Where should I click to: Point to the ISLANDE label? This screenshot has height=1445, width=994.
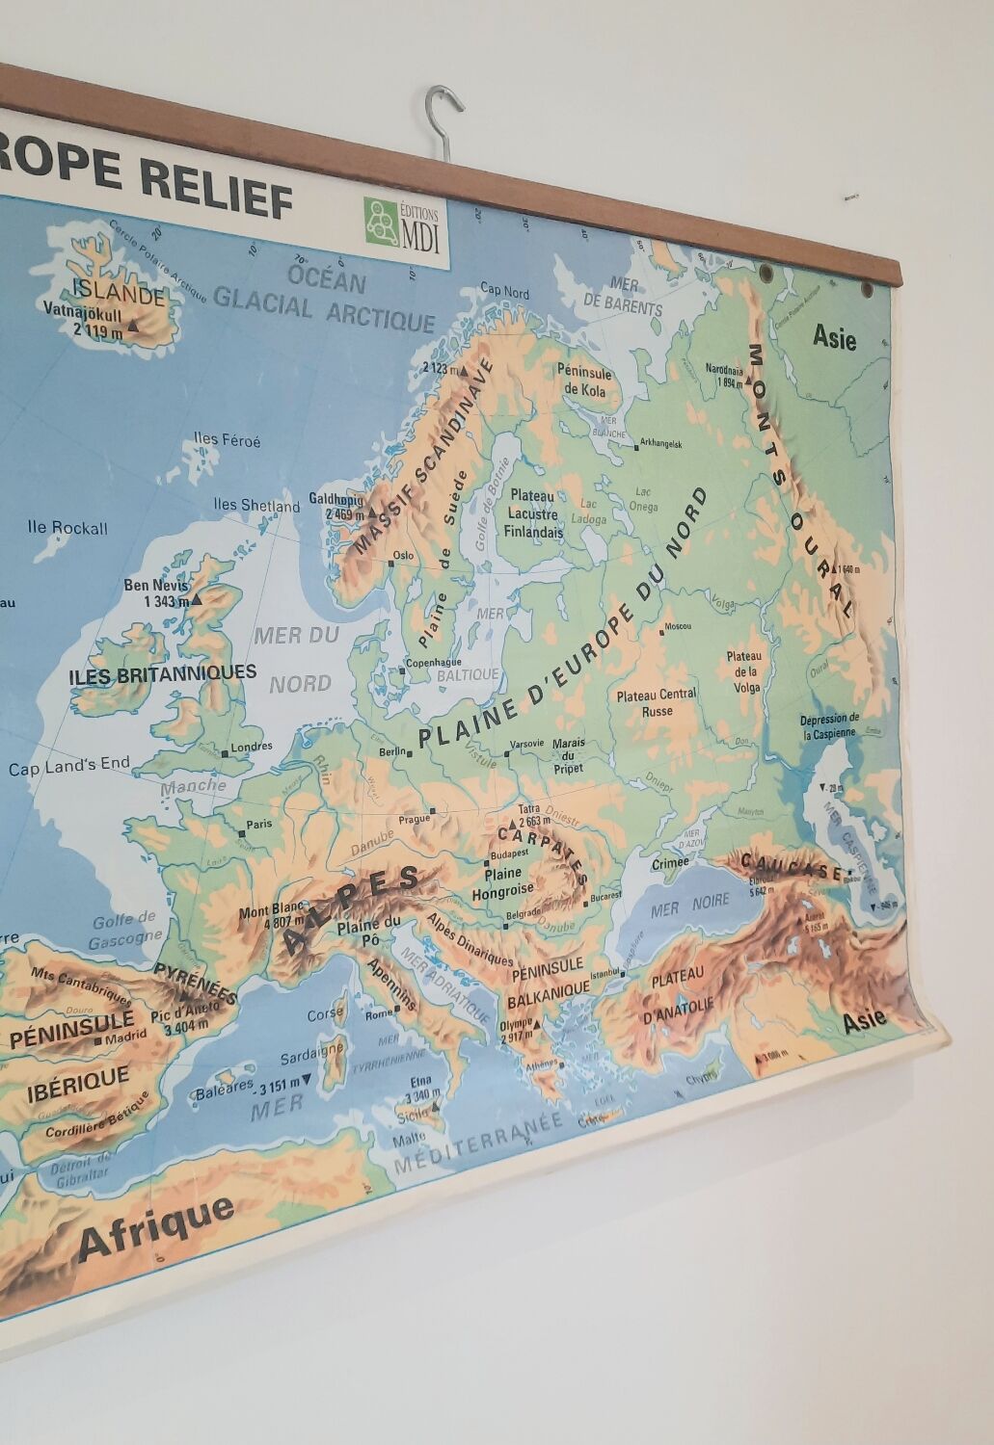tap(119, 293)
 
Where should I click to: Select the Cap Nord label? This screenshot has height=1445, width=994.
tap(504, 291)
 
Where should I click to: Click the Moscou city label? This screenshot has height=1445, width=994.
tap(678, 626)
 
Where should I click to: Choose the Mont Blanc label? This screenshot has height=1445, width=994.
tap(271, 912)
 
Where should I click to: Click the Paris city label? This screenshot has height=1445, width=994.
tap(257, 825)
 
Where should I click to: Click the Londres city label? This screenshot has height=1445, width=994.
tap(252, 747)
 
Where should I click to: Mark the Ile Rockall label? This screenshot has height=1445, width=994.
tap(67, 528)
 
